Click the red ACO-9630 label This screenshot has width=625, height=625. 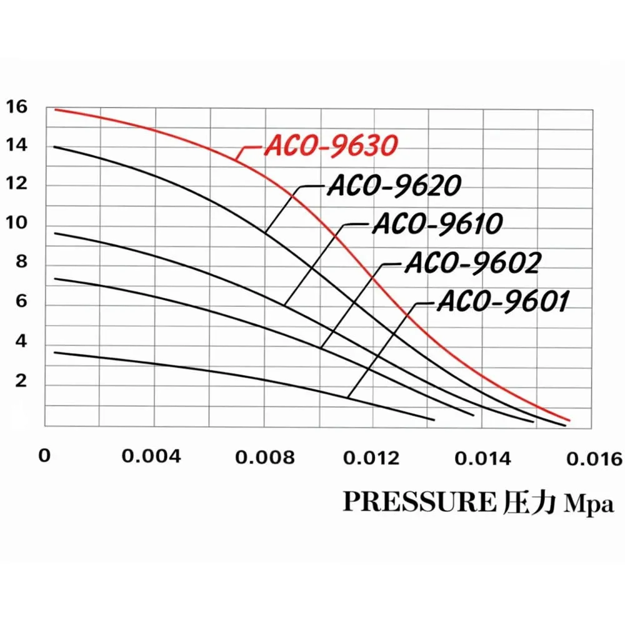pos(331,146)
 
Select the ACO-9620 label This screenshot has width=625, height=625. pos(394,185)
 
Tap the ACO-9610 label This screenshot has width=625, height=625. pos(437,224)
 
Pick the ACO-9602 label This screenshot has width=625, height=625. pos(472,263)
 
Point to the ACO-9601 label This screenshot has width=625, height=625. pos(502,302)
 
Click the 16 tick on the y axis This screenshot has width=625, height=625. pos(17,107)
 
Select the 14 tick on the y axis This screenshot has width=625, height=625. pos(17,146)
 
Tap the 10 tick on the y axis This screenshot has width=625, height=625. pos(17,223)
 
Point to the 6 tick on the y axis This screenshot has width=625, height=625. pos(21,301)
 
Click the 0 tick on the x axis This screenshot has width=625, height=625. pos(44,456)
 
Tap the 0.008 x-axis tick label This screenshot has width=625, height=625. pos(265,457)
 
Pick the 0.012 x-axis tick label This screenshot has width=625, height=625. pos(371,457)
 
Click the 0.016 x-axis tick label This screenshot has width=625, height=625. pos(593,458)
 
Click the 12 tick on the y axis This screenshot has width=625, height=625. pos(17,185)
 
